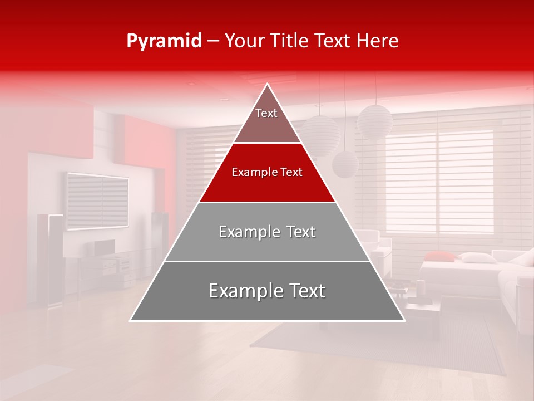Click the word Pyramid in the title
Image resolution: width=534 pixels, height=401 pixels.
click(164, 41)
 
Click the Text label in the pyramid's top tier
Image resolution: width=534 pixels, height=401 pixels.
click(266, 113)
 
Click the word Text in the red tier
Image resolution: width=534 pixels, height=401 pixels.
click(292, 172)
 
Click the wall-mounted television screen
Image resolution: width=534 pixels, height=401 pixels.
click(97, 200)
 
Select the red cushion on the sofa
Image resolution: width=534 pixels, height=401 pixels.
click(439, 256)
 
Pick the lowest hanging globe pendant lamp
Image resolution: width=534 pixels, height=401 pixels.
click(345, 164)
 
